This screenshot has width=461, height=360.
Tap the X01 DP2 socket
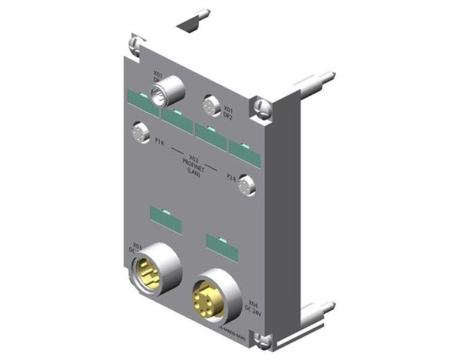[210, 104]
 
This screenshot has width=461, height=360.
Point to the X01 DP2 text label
[229, 112]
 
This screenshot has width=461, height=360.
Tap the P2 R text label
[229, 178]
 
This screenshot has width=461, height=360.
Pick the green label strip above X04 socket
[221, 245]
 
